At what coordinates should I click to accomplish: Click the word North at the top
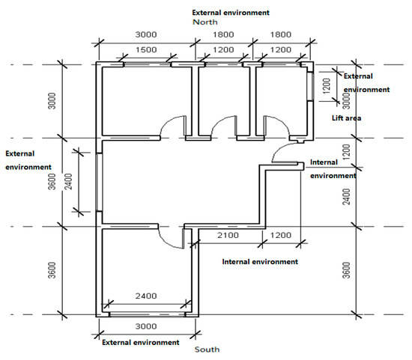pyautogui.click(x=205, y=22)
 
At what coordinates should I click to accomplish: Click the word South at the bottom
pyautogui.click(x=207, y=350)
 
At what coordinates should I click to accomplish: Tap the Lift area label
pyautogui.click(x=346, y=118)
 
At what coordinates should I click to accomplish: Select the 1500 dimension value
pyautogui.click(x=146, y=49)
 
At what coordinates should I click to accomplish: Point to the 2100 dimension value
pyautogui.click(x=228, y=235)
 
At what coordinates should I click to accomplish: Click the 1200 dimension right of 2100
pyautogui.click(x=281, y=235)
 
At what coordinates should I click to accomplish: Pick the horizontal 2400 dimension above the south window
pyautogui.click(x=146, y=296)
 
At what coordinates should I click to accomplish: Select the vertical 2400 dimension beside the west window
pyautogui.click(x=68, y=181)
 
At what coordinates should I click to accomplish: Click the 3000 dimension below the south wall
pyautogui.click(x=146, y=326)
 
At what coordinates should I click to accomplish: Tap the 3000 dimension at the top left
pyautogui.click(x=146, y=34)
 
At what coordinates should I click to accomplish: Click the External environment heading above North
pyautogui.click(x=231, y=13)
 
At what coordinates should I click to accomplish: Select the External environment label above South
pyautogui.click(x=141, y=342)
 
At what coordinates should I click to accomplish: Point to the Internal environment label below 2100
pyautogui.click(x=260, y=261)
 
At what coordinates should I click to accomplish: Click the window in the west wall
pyautogui.click(x=99, y=182)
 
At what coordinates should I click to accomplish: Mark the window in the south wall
pyautogui.click(x=147, y=314)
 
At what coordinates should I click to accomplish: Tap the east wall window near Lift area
pyautogui.click(x=310, y=86)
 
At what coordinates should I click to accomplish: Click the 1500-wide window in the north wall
pyautogui.click(x=147, y=64)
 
